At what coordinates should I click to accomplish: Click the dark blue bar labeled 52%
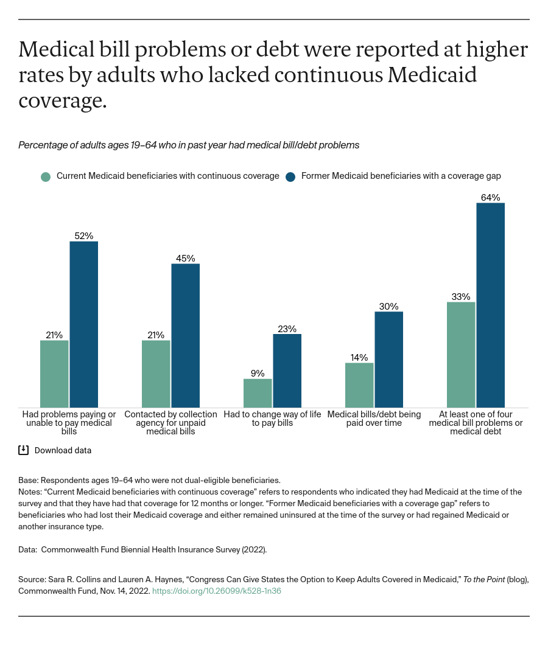coord(83,324)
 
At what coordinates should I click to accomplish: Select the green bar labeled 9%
coord(258,393)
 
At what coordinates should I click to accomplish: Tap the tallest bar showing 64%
coord(490,305)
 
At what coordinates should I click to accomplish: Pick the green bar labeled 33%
coord(461,355)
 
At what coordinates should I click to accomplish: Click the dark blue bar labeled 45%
coord(185,335)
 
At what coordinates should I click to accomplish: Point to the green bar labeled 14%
coord(359,385)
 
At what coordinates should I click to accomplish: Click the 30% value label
coord(388,307)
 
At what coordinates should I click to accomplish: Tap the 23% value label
coord(287,329)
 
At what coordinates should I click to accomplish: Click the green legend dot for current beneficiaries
coord(46,176)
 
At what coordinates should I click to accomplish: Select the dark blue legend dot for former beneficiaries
coord(290,176)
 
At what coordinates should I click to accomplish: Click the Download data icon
coord(24,450)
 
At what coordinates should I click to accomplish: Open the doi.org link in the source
coord(216,591)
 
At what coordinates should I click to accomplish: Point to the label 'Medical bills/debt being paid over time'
coord(374,419)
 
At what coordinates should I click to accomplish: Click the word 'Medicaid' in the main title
coord(432,75)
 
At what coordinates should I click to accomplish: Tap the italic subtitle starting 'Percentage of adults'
coord(189,145)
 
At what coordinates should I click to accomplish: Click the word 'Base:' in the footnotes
coord(29,480)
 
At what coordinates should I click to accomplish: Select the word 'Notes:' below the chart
coord(30,492)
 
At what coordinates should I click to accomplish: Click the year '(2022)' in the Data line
coord(253,549)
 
